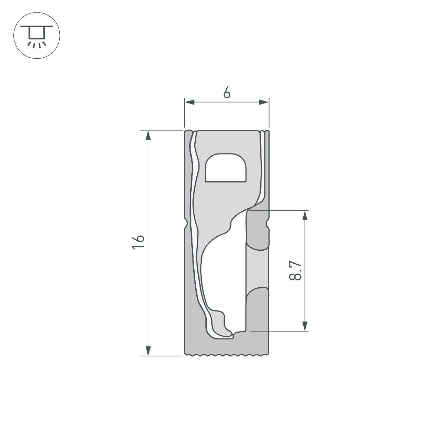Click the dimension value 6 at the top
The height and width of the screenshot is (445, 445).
tap(227, 93)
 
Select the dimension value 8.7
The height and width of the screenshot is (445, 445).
tap(296, 270)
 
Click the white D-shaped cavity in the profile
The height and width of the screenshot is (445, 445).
tap(226, 168)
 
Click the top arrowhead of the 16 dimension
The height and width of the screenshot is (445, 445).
tap(148, 135)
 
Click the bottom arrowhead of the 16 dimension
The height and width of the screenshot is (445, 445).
tap(148, 351)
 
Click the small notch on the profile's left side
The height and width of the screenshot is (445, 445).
tap(186, 224)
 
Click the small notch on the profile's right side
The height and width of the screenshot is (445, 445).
tap(267, 224)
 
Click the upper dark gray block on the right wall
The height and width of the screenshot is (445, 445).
tap(257, 230)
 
